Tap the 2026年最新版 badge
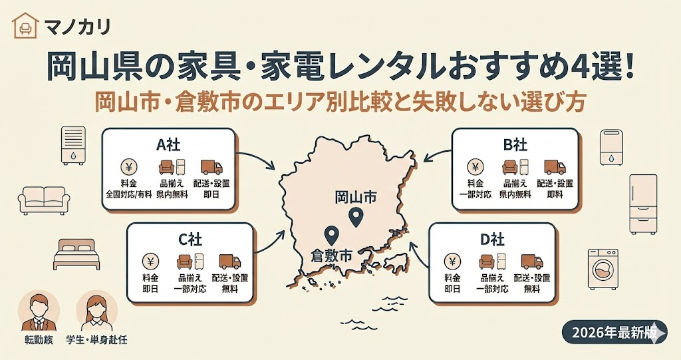tap(614, 331)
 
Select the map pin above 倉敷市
tap(331, 235)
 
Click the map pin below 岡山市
tap(356, 217)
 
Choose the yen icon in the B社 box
tap(476, 167)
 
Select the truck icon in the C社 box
tap(229, 262)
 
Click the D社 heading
tap(491, 240)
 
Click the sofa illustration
tap(44, 199)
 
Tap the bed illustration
tap(75, 254)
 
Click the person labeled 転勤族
tap(39, 312)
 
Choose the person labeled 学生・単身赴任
tap(96, 312)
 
